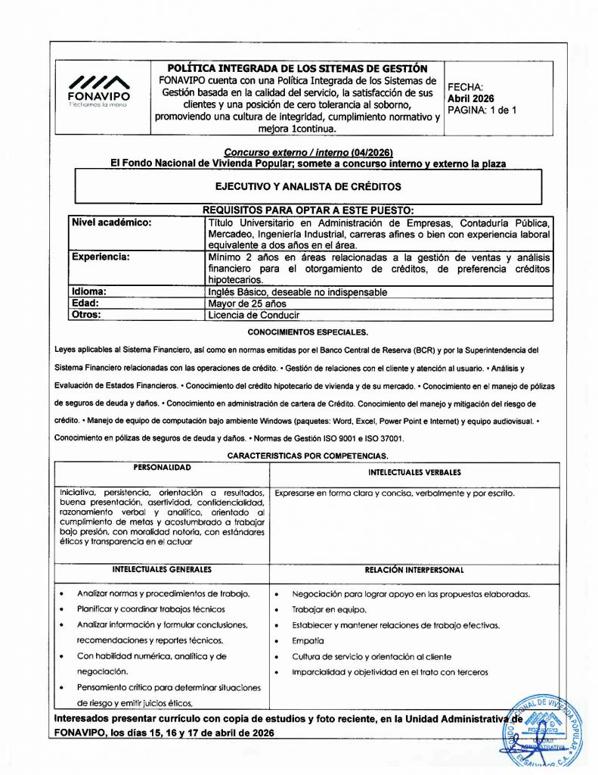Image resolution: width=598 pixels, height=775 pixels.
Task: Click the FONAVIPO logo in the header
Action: (x=98, y=91)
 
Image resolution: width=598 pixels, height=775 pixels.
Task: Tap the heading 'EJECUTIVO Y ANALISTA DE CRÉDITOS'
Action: (x=308, y=186)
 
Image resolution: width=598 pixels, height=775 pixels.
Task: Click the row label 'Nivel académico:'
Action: (x=111, y=223)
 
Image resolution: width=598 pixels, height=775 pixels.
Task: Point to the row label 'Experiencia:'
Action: (x=101, y=257)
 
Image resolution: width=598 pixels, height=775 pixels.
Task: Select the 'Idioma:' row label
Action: (x=88, y=291)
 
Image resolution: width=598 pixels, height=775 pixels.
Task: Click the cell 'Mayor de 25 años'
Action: (x=247, y=303)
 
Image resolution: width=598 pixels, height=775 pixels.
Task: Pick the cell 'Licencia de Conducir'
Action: (x=253, y=315)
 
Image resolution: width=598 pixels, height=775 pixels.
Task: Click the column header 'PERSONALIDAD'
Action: (x=162, y=468)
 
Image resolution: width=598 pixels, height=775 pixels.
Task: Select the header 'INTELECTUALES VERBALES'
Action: (x=414, y=472)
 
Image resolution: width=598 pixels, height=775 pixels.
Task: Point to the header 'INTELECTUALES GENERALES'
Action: (x=162, y=569)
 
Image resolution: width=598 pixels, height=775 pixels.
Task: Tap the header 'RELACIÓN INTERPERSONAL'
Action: (x=414, y=570)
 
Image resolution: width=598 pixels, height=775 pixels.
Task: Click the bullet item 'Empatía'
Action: (x=308, y=640)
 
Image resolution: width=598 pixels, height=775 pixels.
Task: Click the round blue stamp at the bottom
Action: (x=543, y=731)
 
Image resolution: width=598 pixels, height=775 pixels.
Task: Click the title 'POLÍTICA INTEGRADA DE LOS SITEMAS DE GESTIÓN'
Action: (x=297, y=69)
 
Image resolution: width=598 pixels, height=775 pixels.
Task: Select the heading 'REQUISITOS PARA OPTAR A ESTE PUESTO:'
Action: (x=308, y=210)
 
